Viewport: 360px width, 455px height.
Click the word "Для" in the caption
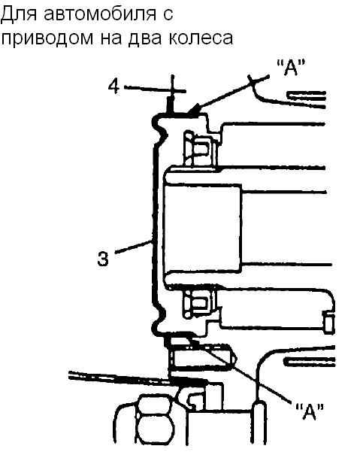point(18,14)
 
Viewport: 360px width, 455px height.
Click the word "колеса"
point(201,38)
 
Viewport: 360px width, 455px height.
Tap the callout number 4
point(113,86)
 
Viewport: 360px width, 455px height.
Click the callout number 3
point(103,258)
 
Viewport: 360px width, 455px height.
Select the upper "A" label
point(291,68)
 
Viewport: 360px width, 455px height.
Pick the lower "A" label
point(310,411)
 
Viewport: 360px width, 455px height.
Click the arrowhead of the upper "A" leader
point(192,109)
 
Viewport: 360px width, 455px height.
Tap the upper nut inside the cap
point(200,149)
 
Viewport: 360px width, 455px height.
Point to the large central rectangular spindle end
point(202,229)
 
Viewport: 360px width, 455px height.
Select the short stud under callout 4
point(170,105)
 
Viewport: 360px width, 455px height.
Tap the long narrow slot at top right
point(307,95)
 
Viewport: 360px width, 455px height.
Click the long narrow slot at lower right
point(309,361)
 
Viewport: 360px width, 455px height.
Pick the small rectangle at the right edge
point(328,323)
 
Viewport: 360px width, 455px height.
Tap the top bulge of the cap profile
point(159,126)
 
